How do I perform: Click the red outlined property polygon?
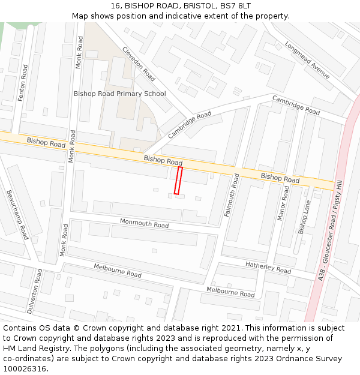(x=178, y=181)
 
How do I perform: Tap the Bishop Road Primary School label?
(x=119, y=94)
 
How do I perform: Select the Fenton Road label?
(x=23, y=83)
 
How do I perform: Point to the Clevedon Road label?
(x=139, y=64)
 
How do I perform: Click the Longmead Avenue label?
(x=307, y=60)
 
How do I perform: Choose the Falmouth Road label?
(x=231, y=195)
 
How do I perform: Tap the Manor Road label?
(x=283, y=203)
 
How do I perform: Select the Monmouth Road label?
(x=144, y=224)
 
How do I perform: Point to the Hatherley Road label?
(x=268, y=268)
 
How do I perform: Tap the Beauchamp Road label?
(x=17, y=214)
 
